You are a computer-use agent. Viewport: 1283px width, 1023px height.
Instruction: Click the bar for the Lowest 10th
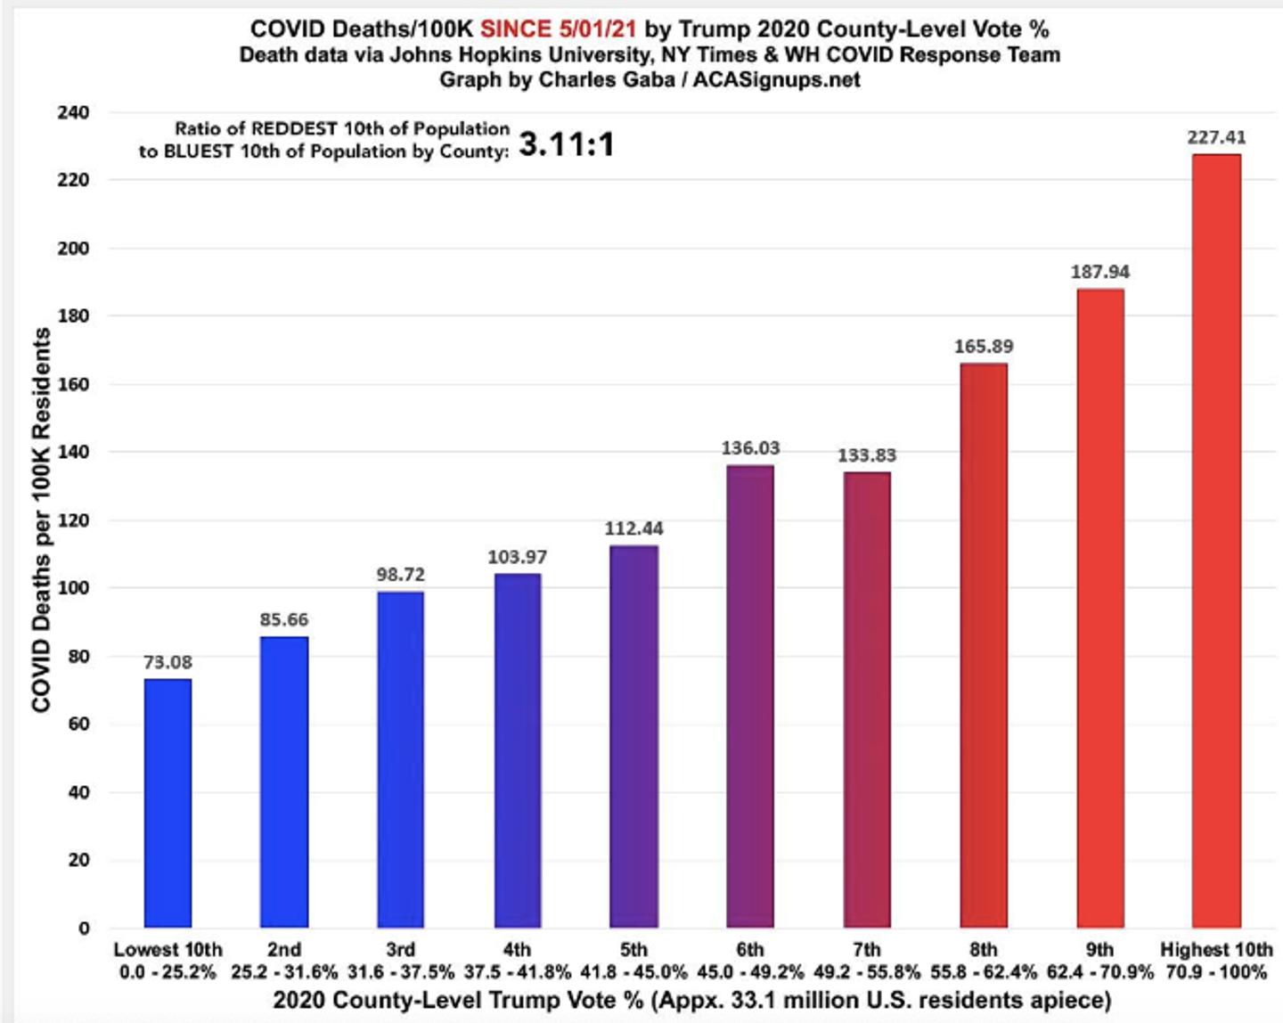[x=168, y=803]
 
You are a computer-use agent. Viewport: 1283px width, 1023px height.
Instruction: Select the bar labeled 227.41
[x=1216, y=541]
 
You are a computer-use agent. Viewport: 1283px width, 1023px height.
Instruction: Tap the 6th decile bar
[x=750, y=697]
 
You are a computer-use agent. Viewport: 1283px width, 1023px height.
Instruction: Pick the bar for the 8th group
[x=984, y=645]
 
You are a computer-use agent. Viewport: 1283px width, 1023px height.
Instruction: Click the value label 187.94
[x=1100, y=272]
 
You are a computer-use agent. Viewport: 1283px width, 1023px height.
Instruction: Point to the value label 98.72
[x=401, y=575]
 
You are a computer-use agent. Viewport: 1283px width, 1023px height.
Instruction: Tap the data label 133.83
[x=867, y=455]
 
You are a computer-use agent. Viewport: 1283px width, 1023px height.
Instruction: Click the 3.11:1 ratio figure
[x=567, y=143]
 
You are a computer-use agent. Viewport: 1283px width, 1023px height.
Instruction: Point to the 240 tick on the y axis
[x=73, y=112]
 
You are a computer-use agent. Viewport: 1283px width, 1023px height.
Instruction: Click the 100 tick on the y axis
[x=73, y=587]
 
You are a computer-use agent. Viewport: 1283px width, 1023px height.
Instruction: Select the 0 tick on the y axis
[x=84, y=929]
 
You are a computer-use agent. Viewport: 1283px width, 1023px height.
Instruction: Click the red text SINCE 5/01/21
[x=559, y=29]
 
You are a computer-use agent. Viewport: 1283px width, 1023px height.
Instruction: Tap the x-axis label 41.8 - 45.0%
[x=633, y=972]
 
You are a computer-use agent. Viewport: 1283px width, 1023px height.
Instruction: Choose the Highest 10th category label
[x=1216, y=950]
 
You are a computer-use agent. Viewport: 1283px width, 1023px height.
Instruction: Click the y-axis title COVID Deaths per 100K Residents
[x=42, y=520]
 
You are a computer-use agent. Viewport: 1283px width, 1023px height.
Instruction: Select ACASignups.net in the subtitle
[x=776, y=79]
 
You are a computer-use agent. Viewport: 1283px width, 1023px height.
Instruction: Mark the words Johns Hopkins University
[x=519, y=55]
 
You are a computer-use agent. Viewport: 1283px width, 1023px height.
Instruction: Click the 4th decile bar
[x=518, y=751]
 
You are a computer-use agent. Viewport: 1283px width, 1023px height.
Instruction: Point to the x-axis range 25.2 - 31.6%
[x=284, y=972]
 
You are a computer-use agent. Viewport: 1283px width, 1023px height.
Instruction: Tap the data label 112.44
[x=633, y=528]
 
